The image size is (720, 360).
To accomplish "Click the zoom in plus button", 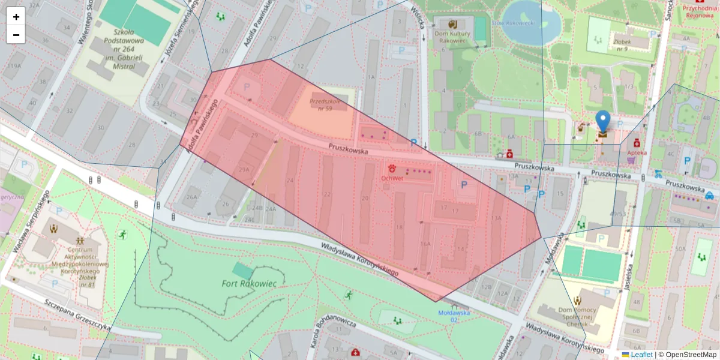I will [16, 17].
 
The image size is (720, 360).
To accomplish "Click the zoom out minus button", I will [16, 35].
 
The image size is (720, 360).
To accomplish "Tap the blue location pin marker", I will [602, 123].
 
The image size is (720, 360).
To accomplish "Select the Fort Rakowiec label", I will [249, 283].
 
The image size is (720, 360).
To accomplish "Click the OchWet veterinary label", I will [394, 178].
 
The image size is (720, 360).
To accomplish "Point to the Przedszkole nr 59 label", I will [325, 105].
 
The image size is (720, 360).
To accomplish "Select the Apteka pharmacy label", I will [637, 152].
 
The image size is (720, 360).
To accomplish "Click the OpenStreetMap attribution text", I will [687, 355].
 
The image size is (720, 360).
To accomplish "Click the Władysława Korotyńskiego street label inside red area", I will [359, 259].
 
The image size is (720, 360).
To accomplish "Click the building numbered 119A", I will [12, 74].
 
